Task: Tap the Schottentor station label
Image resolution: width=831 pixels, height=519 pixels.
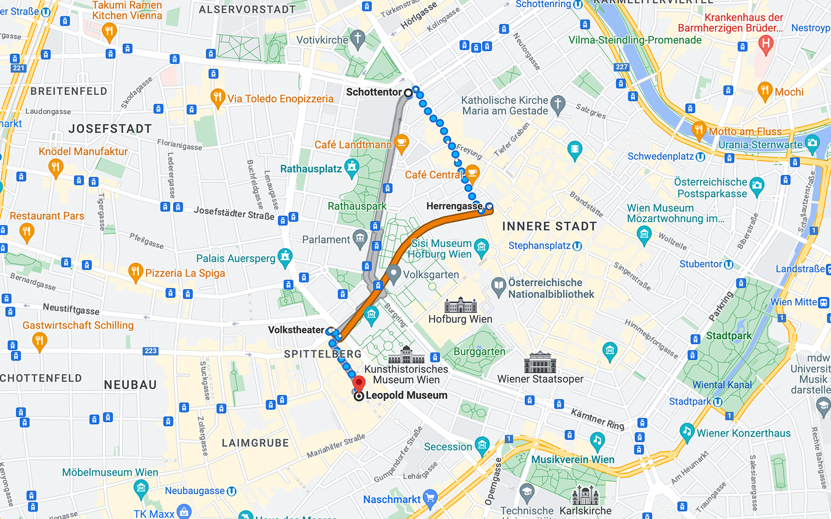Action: [x=374, y=92]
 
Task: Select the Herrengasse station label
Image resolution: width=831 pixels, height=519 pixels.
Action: [x=454, y=206]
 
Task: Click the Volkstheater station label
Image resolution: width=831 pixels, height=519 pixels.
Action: [x=296, y=330]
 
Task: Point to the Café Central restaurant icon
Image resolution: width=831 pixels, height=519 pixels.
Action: [x=472, y=173]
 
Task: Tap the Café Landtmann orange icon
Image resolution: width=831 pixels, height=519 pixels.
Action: [x=401, y=142]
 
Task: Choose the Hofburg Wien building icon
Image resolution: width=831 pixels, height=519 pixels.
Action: [x=460, y=305]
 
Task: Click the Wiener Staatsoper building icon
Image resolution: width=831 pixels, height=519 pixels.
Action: [x=540, y=363]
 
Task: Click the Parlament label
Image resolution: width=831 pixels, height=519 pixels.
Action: [x=326, y=240]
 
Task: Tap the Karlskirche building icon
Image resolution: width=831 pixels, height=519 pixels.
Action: [x=585, y=496]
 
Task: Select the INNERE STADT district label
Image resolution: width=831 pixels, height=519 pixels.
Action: [x=549, y=226]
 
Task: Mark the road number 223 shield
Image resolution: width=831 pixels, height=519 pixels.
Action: [x=151, y=351]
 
